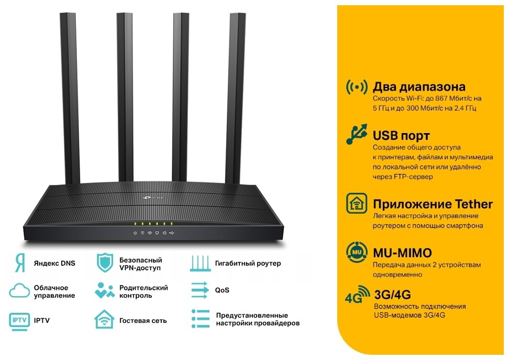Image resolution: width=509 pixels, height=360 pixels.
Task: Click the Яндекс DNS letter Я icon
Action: coord(19,263)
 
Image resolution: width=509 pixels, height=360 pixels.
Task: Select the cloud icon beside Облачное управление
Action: coord(19,291)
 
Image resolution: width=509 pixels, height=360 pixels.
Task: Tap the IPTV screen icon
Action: coord(19,319)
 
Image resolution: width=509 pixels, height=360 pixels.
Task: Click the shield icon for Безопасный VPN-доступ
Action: coord(105,263)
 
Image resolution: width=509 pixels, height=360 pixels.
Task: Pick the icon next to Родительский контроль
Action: coord(105,291)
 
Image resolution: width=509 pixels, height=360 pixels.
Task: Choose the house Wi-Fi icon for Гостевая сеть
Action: coord(105,319)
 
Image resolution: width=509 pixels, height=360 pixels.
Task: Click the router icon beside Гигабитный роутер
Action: coord(200,263)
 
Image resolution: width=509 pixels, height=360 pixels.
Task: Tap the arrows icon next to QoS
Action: coord(200,290)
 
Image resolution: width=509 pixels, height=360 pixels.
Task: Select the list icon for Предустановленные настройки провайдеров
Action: coord(200,319)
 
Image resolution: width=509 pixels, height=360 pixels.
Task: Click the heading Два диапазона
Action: coord(418,87)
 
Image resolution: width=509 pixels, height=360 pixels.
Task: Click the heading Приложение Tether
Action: coord(433,204)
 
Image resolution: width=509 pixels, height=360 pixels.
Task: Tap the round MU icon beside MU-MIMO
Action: coord(357,252)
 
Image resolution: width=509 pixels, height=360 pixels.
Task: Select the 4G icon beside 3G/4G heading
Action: coord(357,297)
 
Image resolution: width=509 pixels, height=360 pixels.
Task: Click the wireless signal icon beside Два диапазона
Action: coord(357,87)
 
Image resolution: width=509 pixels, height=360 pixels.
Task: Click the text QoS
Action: coord(222,290)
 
